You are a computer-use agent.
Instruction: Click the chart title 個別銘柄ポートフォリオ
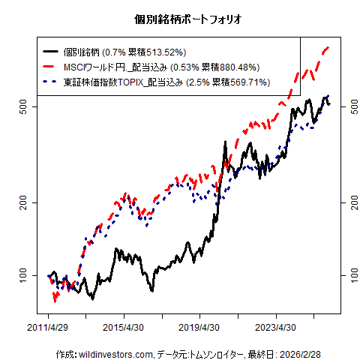pyautogui.click(x=179, y=17)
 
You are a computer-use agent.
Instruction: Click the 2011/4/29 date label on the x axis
pyautogui.click(x=49, y=328)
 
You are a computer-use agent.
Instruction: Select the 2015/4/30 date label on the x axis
pyautogui.click(x=124, y=328)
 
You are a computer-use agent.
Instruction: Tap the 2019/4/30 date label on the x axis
pyautogui.click(x=199, y=328)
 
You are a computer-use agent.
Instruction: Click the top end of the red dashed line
pyautogui.click(x=329, y=48)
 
